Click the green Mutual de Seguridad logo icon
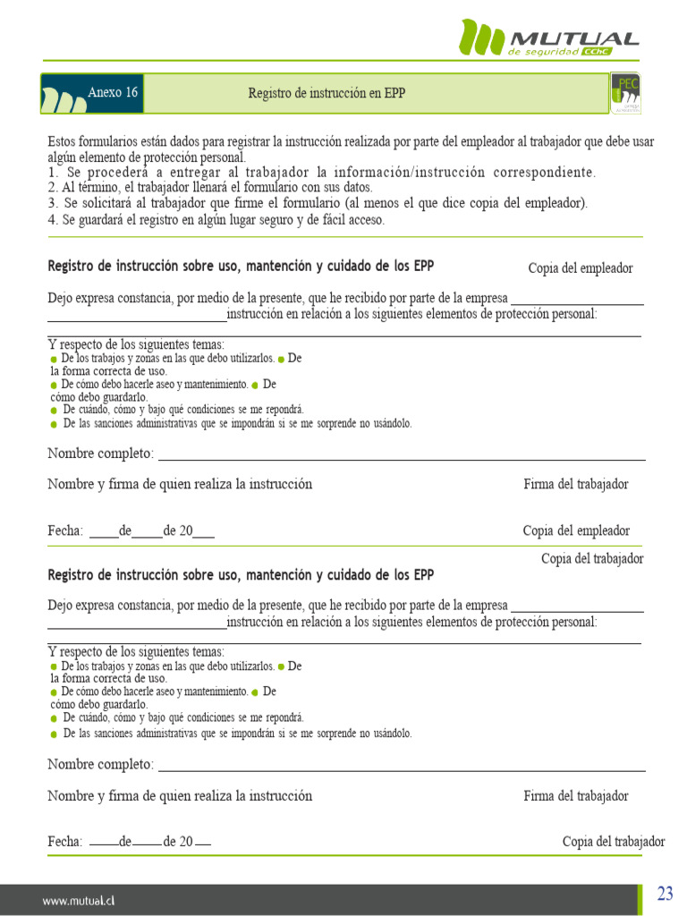tap(481, 38)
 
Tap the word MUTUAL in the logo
tap(573, 38)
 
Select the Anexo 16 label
tap(113, 93)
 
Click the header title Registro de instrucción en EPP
tap(327, 93)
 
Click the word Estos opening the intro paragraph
tap(63, 142)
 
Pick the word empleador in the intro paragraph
tap(497, 142)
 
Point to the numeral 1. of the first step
tap(53, 173)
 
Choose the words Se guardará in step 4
tap(94, 220)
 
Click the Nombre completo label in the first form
tap(100, 454)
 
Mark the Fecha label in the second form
tap(65, 842)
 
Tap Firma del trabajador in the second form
tap(575, 795)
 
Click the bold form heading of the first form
tap(241, 267)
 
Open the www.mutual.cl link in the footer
tap(80, 901)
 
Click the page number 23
tap(665, 894)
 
